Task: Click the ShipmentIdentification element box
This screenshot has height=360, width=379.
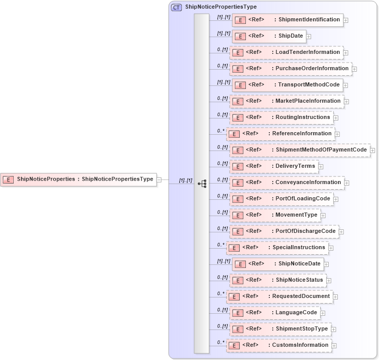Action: pyautogui.click(x=288, y=20)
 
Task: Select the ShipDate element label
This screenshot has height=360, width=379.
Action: pyautogui.click(x=291, y=36)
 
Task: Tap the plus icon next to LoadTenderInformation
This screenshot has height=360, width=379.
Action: pyautogui.click(x=346, y=52)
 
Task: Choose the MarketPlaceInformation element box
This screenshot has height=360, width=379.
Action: pyautogui.click(x=287, y=101)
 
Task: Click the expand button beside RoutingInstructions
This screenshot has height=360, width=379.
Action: pyautogui.click(x=336, y=118)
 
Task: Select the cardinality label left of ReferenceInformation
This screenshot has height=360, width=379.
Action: pyautogui.click(x=221, y=131)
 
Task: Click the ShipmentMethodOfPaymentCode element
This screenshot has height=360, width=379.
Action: pyautogui.click(x=300, y=150)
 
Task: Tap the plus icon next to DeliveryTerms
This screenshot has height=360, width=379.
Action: pyautogui.click(x=321, y=167)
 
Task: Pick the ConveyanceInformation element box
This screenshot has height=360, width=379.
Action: pyautogui.click(x=287, y=183)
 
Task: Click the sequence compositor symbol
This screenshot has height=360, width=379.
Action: pyautogui.click(x=202, y=183)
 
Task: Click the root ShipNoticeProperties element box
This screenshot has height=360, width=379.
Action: pyautogui.click(x=79, y=179)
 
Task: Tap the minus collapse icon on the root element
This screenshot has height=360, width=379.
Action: pyautogui.click(x=159, y=179)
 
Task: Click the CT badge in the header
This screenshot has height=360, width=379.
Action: pyautogui.click(x=176, y=7)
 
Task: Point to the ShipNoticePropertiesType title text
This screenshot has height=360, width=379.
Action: pyautogui.click(x=221, y=7)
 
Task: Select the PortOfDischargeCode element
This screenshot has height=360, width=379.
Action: pyautogui.click(x=284, y=231)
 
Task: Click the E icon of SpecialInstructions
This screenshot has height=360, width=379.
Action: pyautogui.click(x=234, y=248)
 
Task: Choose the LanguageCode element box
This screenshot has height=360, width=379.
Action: pyautogui.click(x=274, y=313)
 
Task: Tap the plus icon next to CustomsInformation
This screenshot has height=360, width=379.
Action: pyautogui.click(x=335, y=346)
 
